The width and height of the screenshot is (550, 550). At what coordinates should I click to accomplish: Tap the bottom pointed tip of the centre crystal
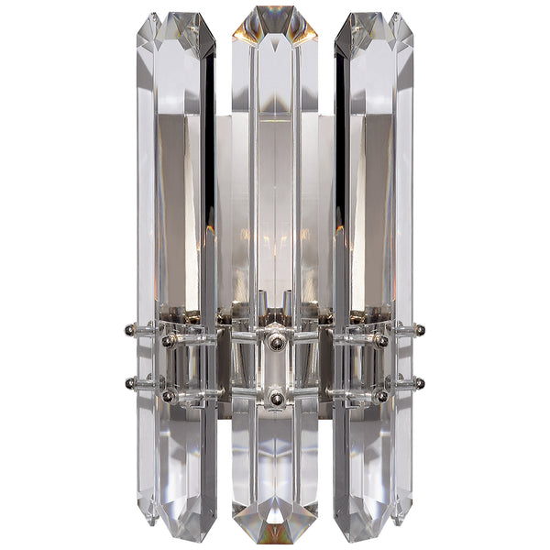coord(275,541)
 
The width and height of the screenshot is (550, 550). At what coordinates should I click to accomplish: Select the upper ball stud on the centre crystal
coord(275,342)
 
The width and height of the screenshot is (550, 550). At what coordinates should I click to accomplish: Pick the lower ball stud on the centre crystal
coord(275,399)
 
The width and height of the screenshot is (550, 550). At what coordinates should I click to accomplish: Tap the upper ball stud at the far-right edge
coord(420,327)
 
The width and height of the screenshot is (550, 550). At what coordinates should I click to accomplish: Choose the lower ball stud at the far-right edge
coord(420,382)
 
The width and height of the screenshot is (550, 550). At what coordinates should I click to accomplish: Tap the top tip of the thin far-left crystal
coord(151,15)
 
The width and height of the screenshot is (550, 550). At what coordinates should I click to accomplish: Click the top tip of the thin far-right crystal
coord(399,15)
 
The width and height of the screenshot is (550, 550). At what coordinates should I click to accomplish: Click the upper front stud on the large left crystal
coord(169,341)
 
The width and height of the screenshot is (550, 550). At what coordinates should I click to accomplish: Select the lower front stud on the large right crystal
coord(380,396)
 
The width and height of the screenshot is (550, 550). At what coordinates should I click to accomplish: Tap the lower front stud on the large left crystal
coord(169,396)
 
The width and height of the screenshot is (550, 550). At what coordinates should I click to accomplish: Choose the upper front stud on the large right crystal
coord(380,341)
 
